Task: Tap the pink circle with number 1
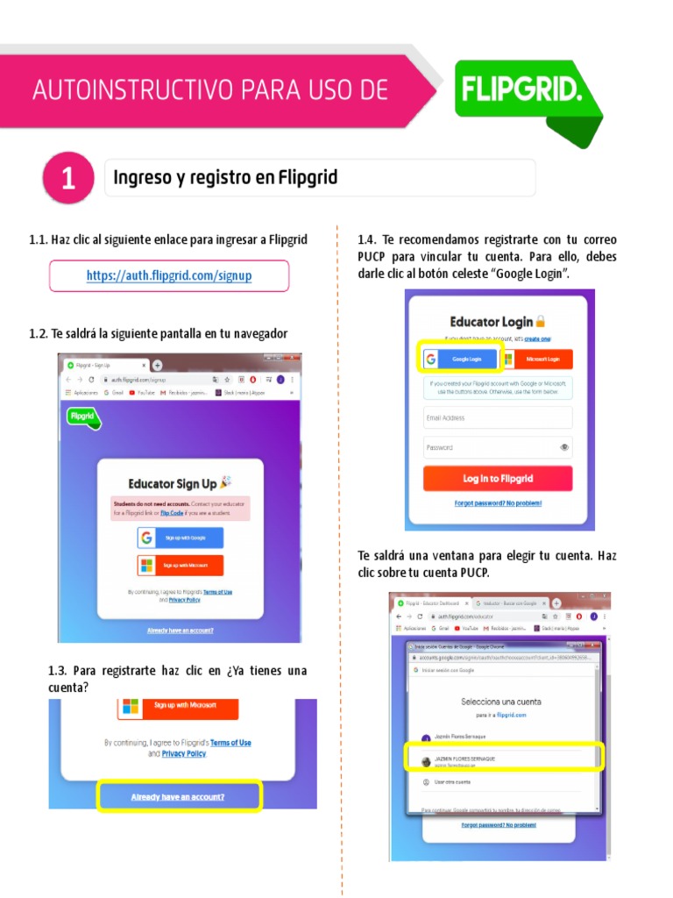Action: (x=67, y=179)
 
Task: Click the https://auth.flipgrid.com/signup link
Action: (x=169, y=275)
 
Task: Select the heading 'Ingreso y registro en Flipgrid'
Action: (x=225, y=178)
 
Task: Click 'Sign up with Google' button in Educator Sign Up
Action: (x=180, y=538)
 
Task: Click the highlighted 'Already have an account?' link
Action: (x=178, y=797)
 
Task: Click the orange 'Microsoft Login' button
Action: (x=536, y=359)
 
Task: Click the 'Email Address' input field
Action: (x=498, y=417)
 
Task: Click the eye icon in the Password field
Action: (x=564, y=447)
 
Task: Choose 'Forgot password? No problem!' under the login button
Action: (x=498, y=503)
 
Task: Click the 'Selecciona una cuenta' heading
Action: (x=501, y=702)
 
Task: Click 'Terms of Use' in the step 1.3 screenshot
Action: (x=230, y=743)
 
